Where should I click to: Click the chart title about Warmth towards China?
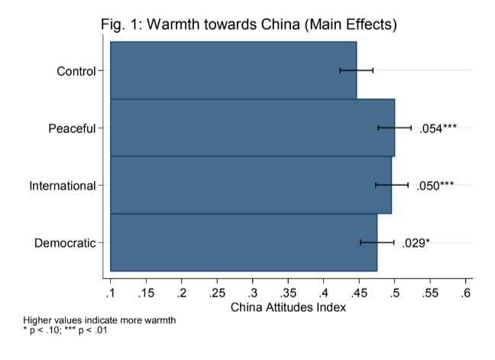pyautogui.click(x=249, y=24)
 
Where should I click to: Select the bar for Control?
pyautogui.click(x=229, y=70)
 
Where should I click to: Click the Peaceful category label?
pyautogui.click(x=73, y=128)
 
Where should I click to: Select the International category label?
pyautogui.click(x=63, y=186)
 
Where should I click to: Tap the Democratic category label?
pyautogui.click(x=66, y=243)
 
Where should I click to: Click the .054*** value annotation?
pyautogui.click(x=438, y=128)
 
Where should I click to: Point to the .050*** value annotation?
pyautogui.click(x=435, y=186)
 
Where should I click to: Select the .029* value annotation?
pyautogui.click(x=416, y=243)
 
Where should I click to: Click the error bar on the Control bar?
pyautogui.click(x=357, y=70)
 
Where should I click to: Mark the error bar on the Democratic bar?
pyautogui.click(x=377, y=242)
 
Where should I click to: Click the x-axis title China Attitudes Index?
pyautogui.click(x=288, y=307)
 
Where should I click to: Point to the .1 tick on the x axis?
pyautogui.click(x=110, y=294)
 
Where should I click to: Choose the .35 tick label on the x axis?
pyautogui.click(x=288, y=294)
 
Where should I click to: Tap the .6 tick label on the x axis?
pyautogui.click(x=466, y=294)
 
